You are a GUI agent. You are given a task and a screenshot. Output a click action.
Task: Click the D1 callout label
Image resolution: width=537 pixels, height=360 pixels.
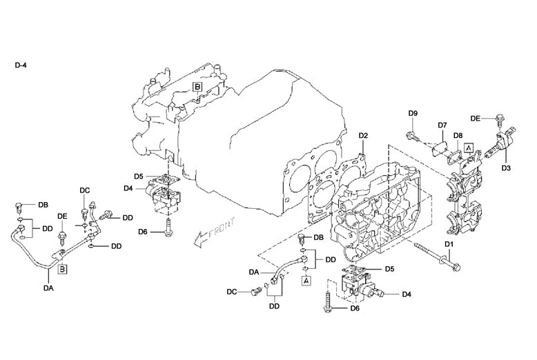coord(448,245)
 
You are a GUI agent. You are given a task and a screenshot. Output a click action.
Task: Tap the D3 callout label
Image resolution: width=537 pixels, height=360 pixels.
coord(506,168)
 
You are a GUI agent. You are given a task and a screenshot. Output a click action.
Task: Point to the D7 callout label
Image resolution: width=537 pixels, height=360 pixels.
coord(442,126)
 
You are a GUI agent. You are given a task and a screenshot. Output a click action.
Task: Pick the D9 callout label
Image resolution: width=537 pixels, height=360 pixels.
coord(413,113)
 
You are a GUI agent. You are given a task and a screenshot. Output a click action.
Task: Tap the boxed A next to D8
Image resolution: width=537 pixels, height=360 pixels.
coord(469,148)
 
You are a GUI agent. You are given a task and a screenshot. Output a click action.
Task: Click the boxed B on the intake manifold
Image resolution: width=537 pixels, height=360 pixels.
coord(197,87)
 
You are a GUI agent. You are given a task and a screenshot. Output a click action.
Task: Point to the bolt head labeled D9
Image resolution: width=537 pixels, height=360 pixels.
coord(411,135)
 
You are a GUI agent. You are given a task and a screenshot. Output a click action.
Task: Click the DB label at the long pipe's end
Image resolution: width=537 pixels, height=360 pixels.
coord(43,206)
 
